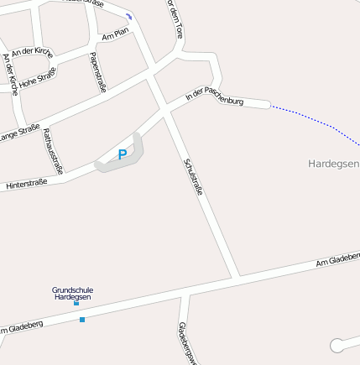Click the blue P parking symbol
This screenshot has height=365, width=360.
click(x=123, y=154)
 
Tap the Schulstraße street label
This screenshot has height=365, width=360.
click(x=193, y=176)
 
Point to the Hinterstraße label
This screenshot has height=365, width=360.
click(x=26, y=182)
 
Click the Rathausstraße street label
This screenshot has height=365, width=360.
click(x=53, y=150)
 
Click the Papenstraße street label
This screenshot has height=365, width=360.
click(x=97, y=72)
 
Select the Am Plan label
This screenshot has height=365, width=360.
click(x=115, y=34)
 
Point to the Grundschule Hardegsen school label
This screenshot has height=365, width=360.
click(x=73, y=292)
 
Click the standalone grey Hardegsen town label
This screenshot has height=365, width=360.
click(x=333, y=163)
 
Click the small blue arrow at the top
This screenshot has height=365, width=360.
click(x=128, y=17)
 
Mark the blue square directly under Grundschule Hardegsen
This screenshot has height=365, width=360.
click(x=76, y=303)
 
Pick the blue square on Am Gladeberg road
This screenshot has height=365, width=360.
click(x=82, y=320)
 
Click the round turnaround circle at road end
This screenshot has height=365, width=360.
click(x=338, y=345)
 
